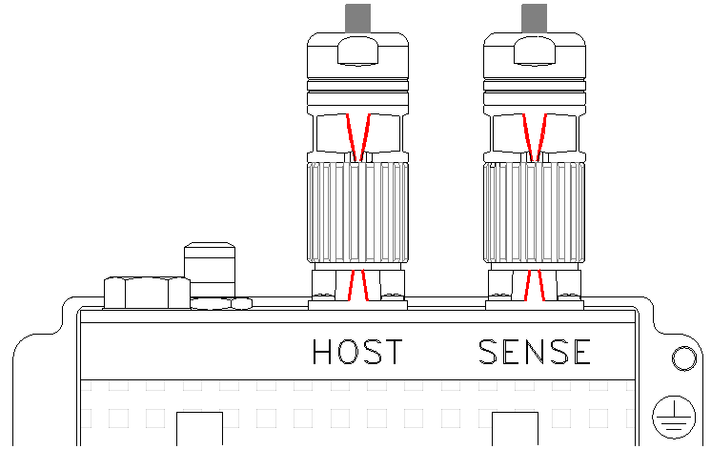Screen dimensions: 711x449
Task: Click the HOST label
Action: point(357,352)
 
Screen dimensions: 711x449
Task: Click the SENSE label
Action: point(535,352)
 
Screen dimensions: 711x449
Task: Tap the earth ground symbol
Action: point(674,417)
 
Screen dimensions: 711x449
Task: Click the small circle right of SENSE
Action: point(683,358)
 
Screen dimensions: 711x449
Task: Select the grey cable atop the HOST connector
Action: point(357,18)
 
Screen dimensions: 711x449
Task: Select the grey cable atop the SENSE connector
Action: point(534,18)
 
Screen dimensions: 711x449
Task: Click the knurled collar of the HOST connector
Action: point(357,213)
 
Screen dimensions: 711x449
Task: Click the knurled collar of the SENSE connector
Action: point(534,213)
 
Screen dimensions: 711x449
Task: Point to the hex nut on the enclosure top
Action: point(147,293)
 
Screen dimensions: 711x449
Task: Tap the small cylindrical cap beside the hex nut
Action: point(210,271)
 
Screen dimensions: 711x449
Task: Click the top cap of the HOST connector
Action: point(357,55)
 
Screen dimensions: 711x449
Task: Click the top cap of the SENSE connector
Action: point(534,55)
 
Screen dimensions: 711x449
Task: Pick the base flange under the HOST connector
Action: point(357,305)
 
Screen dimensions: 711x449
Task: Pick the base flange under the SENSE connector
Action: point(535,305)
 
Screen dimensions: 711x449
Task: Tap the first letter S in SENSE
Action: point(488,352)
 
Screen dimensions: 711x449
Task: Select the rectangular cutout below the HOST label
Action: point(199,429)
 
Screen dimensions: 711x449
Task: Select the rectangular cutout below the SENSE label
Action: point(515,429)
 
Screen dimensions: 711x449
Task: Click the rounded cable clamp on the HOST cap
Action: point(357,51)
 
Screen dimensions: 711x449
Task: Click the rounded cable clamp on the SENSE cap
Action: point(534,51)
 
